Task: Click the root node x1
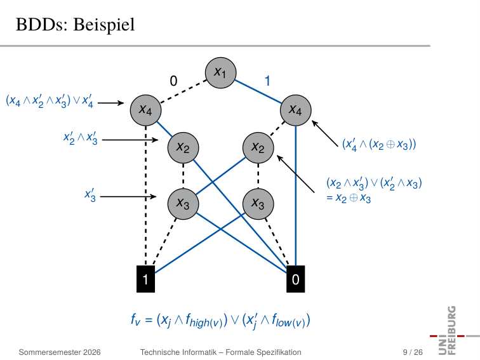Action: [220, 73]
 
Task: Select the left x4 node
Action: [146, 110]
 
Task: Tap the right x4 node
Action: [296, 110]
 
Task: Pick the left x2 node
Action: [183, 148]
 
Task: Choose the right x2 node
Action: [258, 148]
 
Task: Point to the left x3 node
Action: [183, 204]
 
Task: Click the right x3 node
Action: [258, 204]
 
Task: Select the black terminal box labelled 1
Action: [146, 279]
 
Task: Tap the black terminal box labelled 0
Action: [296, 279]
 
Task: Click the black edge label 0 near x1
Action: [173, 81]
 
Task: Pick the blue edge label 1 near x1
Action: [267, 81]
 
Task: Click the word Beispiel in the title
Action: [104, 25]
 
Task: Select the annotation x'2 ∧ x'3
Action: [80, 138]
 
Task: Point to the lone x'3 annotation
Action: [90, 196]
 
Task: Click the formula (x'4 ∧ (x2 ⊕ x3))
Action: [379, 144]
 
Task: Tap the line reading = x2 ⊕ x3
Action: [349, 197]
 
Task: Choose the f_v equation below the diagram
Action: [220, 321]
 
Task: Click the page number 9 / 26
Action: [413, 352]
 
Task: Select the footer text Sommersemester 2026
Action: [60, 352]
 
